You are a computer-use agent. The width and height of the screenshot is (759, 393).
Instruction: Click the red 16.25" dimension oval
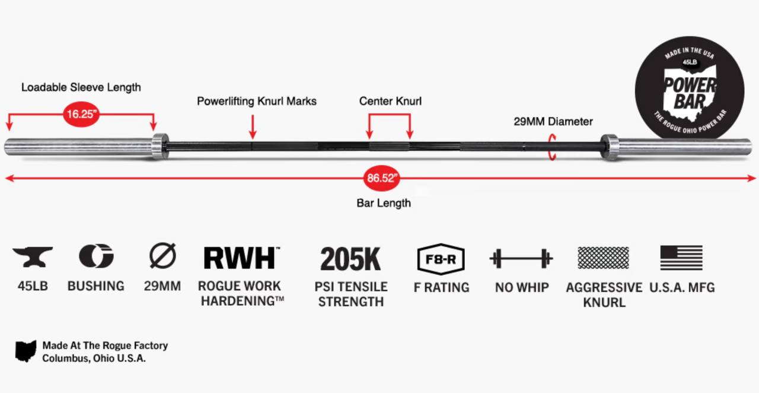coord(81,115)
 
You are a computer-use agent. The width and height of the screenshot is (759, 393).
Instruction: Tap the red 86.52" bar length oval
coord(382,178)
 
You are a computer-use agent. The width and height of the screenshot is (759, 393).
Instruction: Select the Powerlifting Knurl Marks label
coord(256,102)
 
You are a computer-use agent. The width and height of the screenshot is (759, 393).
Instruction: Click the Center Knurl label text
coord(390,102)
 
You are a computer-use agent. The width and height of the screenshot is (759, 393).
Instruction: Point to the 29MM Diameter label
coord(553,122)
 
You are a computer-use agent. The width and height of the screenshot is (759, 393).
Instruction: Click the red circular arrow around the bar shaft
coord(553,147)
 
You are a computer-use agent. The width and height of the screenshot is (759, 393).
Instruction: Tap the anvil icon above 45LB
coord(33,257)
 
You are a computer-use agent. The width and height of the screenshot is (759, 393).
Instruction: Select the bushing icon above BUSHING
coord(96,256)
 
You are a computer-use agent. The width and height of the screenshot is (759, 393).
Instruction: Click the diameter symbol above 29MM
coord(162,256)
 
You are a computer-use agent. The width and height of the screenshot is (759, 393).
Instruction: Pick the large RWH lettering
coord(240,258)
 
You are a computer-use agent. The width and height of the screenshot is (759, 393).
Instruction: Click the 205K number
coord(350,259)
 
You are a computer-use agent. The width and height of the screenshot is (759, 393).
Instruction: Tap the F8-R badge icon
coord(441,259)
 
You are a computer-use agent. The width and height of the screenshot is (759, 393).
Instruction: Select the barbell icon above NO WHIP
coord(521,259)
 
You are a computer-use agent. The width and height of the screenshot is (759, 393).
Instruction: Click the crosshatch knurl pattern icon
coord(603,258)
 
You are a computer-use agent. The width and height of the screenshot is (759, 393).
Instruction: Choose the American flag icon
coord(681,258)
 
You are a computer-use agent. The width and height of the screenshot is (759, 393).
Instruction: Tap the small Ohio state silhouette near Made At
coord(25,351)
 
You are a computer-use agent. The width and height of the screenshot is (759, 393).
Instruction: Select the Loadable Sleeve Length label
coord(81,87)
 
